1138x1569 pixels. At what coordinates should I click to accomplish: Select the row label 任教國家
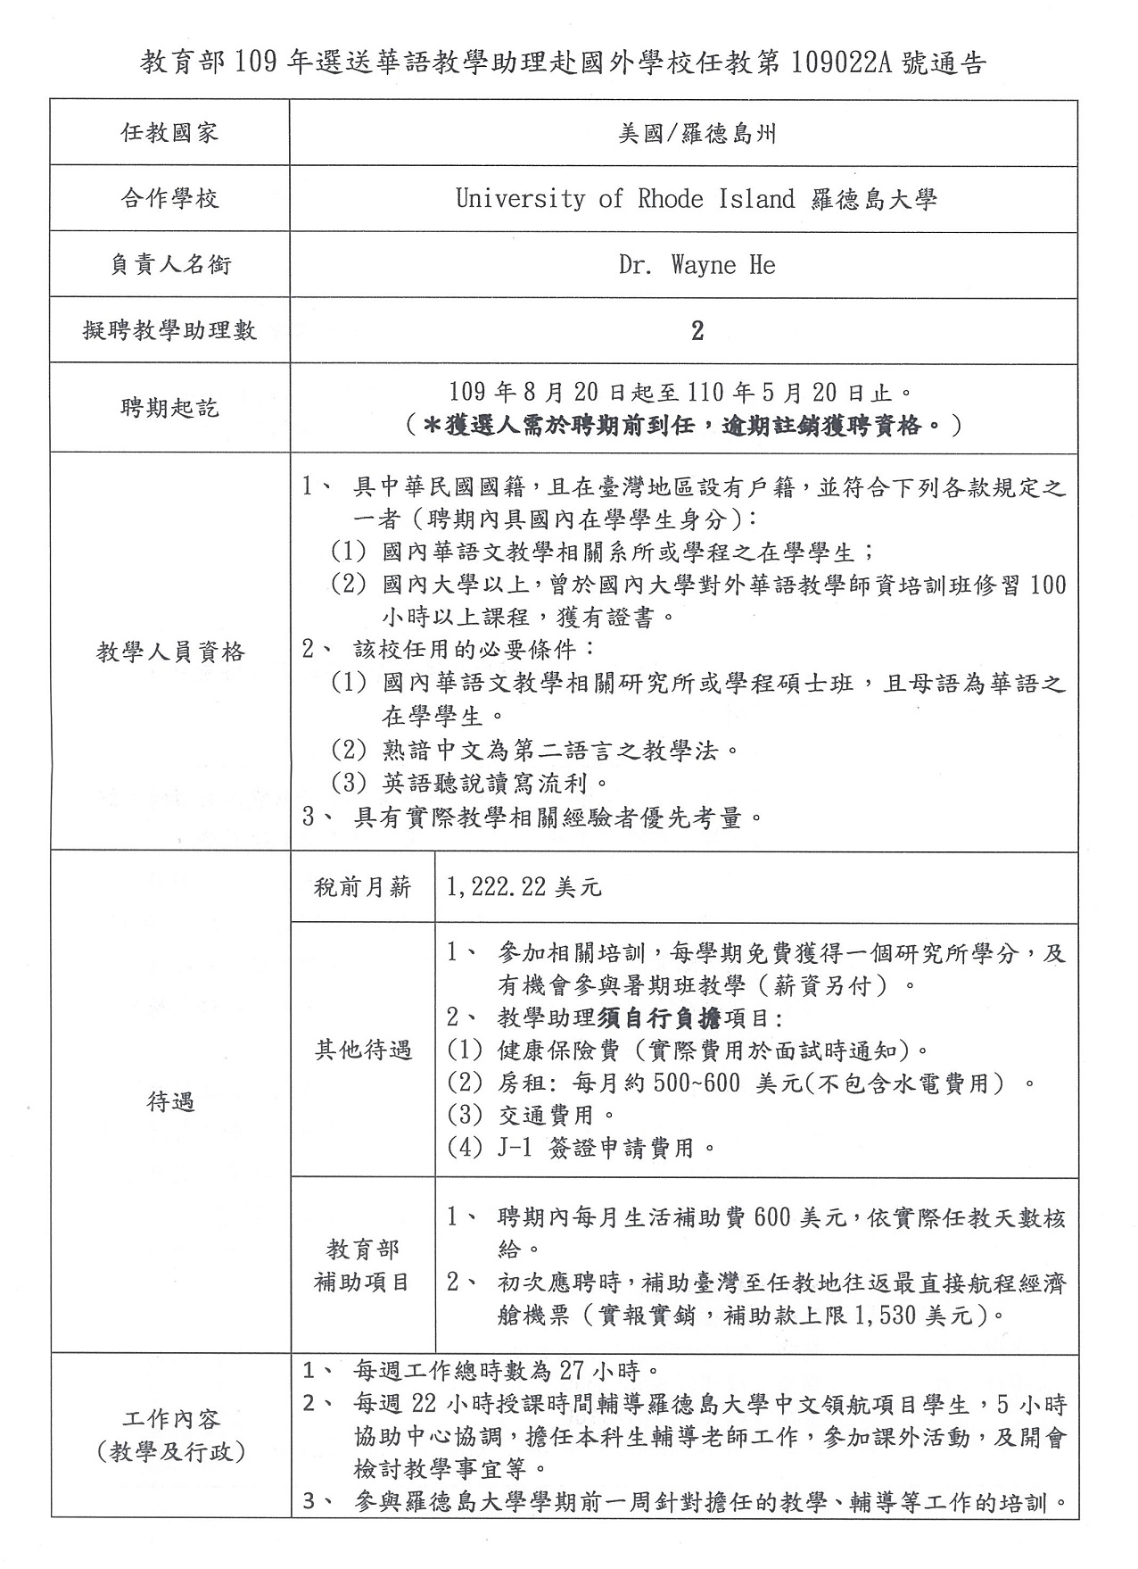[x=169, y=133]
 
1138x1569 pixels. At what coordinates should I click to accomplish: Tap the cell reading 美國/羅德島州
[x=697, y=133]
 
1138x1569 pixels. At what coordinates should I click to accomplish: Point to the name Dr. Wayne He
[x=697, y=265]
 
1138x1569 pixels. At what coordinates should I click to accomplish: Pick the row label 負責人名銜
[x=169, y=265]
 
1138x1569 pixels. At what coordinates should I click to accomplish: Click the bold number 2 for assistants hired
[x=697, y=331]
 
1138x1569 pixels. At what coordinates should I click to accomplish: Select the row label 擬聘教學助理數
[x=169, y=331]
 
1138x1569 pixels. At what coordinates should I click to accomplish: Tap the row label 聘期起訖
[x=169, y=409]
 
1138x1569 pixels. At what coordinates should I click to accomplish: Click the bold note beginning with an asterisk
[x=683, y=426]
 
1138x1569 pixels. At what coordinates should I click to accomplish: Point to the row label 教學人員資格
[x=169, y=652]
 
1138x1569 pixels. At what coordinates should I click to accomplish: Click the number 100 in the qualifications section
[x=1047, y=585]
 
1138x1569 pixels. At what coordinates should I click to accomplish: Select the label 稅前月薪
[x=362, y=887]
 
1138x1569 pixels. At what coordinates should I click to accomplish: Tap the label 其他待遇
[x=362, y=1050]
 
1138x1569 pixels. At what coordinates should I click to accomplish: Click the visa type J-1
[x=515, y=1148]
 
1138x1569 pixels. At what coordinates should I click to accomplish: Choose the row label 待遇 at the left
[x=169, y=1102]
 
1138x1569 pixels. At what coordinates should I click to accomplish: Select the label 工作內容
[x=169, y=1420]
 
